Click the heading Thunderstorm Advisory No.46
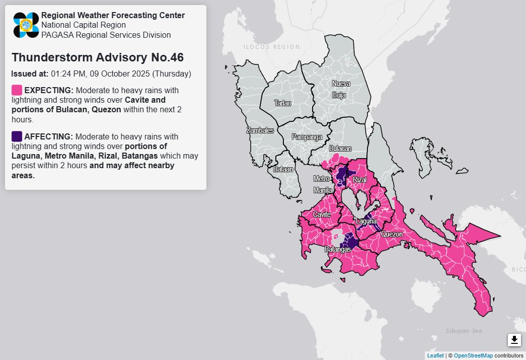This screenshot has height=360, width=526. point(97,57)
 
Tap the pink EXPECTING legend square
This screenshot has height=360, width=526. point(17,90)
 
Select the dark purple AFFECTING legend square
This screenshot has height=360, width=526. point(17,136)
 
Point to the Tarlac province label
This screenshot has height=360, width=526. point(282,103)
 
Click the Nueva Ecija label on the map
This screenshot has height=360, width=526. point(340,89)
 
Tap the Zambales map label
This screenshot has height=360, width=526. point(260,130)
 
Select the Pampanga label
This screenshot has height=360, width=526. point(307,137)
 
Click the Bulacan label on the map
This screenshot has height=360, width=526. point(340,149)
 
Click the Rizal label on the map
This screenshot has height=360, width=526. point(359,180)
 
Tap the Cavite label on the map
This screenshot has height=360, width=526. point(322,214)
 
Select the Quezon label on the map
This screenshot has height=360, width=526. point(392,234)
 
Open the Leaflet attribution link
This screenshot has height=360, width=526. point(435,355)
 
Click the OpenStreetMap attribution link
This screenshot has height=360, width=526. point(473,355)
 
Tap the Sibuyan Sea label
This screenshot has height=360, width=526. point(464,331)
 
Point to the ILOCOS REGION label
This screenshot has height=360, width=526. point(271,47)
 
